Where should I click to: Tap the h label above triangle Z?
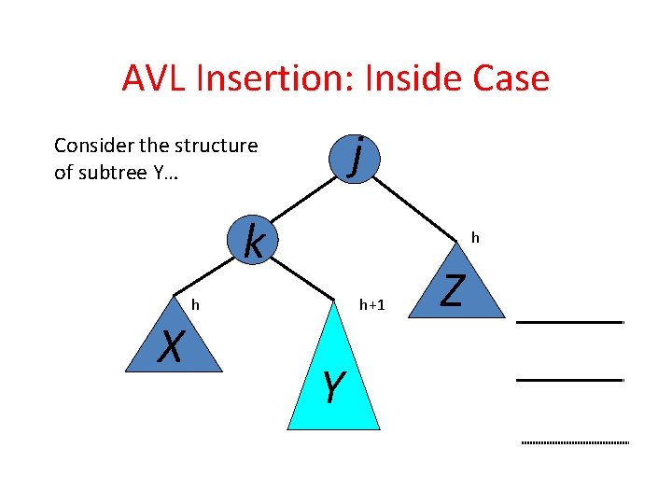tap(475, 238)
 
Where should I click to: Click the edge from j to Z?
tap(416, 207)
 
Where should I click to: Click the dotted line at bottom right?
tap(574, 441)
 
